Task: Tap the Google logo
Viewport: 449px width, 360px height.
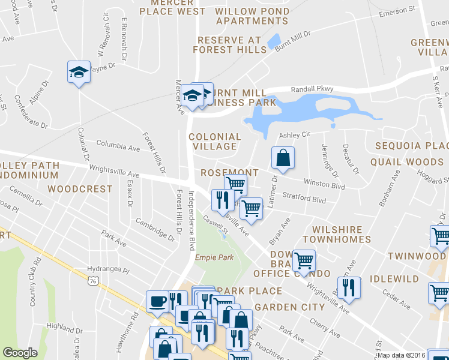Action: click(x=20, y=353)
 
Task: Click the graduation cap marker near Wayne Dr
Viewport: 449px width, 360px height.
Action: click(x=79, y=72)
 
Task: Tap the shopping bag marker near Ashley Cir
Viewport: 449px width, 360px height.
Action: click(x=283, y=158)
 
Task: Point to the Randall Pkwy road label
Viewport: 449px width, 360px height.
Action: click(x=312, y=89)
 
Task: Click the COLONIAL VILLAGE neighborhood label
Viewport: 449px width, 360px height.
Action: click(x=215, y=142)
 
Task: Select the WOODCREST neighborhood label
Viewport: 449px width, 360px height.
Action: click(x=80, y=189)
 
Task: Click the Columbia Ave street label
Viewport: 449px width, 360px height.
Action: click(x=118, y=146)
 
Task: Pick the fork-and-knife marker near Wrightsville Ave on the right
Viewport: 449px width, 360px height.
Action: click(x=348, y=287)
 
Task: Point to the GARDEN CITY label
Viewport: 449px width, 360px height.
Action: click(x=290, y=307)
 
